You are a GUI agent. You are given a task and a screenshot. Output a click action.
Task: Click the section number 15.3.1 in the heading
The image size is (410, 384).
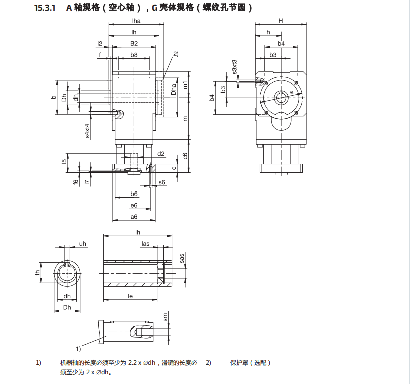click(x=45, y=8)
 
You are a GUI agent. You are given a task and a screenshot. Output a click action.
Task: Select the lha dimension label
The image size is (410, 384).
click(x=136, y=21)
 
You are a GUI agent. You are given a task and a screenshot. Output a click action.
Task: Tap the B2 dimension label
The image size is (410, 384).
click(x=134, y=44)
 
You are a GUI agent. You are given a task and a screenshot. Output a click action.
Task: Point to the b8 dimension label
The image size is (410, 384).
click(x=134, y=55)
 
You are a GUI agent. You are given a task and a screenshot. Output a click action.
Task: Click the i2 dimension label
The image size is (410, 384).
click(x=100, y=44)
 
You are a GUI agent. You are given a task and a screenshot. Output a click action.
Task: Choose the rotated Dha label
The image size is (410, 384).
click(x=173, y=89)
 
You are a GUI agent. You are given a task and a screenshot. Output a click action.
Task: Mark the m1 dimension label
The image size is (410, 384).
click(x=185, y=85)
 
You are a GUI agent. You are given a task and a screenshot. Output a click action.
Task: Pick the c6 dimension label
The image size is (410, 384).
click(x=185, y=156)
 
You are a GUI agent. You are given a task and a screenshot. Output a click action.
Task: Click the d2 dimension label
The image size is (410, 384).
click(x=161, y=154)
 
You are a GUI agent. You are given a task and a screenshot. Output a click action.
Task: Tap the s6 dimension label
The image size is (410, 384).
click(x=162, y=182)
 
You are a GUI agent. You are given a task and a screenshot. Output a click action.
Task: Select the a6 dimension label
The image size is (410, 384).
click(x=134, y=217)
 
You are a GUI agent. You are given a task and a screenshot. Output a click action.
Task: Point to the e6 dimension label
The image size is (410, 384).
click(x=134, y=205)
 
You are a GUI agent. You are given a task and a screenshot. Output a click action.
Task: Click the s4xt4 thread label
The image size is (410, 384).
click(x=87, y=131)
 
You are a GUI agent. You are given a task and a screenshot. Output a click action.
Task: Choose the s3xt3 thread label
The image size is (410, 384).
click(x=235, y=67)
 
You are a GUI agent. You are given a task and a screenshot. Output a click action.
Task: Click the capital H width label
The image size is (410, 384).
click(x=280, y=21)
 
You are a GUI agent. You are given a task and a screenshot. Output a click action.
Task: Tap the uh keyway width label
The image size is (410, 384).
click(x=83, y=244)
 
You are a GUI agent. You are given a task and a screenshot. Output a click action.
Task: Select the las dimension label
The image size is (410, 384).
click(x=145, y=244)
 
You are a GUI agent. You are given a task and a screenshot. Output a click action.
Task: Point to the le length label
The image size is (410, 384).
click(x=130, y=296)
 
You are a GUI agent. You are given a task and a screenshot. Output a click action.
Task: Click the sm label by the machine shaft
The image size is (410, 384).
click(x=165, y=317)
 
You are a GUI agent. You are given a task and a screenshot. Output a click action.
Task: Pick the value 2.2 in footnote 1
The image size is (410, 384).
click(x=132, y=363)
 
